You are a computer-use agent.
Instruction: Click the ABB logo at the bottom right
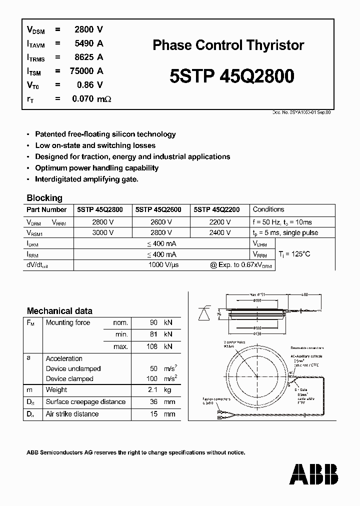click(x=314, y=474)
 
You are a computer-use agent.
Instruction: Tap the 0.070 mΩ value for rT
click(x=91, y=99)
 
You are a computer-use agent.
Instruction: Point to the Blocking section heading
click(x=44, y=197)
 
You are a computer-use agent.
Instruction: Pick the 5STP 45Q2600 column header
click(x=158, y=210)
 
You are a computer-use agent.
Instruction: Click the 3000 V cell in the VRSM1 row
click(x=102, y=232)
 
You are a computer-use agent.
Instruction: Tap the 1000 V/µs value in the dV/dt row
click(x=163, y=265)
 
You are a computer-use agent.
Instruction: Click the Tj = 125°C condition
click(x=294, y=254)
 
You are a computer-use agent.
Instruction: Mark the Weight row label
click(x=56, y=389)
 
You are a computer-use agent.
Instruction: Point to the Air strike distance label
click(x=72, y=414)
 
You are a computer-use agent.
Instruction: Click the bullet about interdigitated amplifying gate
click(x=86, y=179)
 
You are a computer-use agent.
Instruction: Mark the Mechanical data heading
click(x=59, y=310)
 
